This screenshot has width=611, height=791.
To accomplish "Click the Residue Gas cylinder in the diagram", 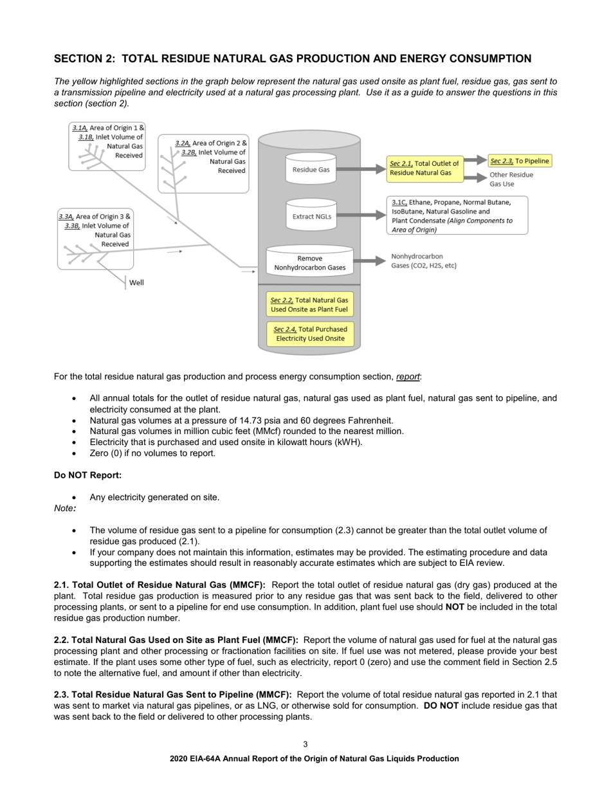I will coord(311,168).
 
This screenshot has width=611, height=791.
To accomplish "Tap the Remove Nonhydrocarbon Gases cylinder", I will coord(309,262).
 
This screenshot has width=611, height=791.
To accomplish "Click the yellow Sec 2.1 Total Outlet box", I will coord(424,168).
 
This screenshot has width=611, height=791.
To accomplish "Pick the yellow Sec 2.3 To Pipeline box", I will coord(520,161).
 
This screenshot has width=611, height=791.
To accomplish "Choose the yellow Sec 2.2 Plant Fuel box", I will coord(309,305).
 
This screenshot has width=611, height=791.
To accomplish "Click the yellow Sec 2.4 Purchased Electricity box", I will coord(309,334).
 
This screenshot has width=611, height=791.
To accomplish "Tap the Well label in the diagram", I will coord(136,282).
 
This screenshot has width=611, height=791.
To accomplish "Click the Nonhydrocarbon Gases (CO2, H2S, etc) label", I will coord(424,260).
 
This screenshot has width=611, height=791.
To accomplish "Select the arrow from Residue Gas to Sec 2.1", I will coord(360,169).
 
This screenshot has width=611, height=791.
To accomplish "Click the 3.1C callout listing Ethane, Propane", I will coord(457,215).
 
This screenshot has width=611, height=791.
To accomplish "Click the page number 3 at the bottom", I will coord(305,744).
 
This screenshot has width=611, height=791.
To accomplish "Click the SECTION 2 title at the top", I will coord(292,59).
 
